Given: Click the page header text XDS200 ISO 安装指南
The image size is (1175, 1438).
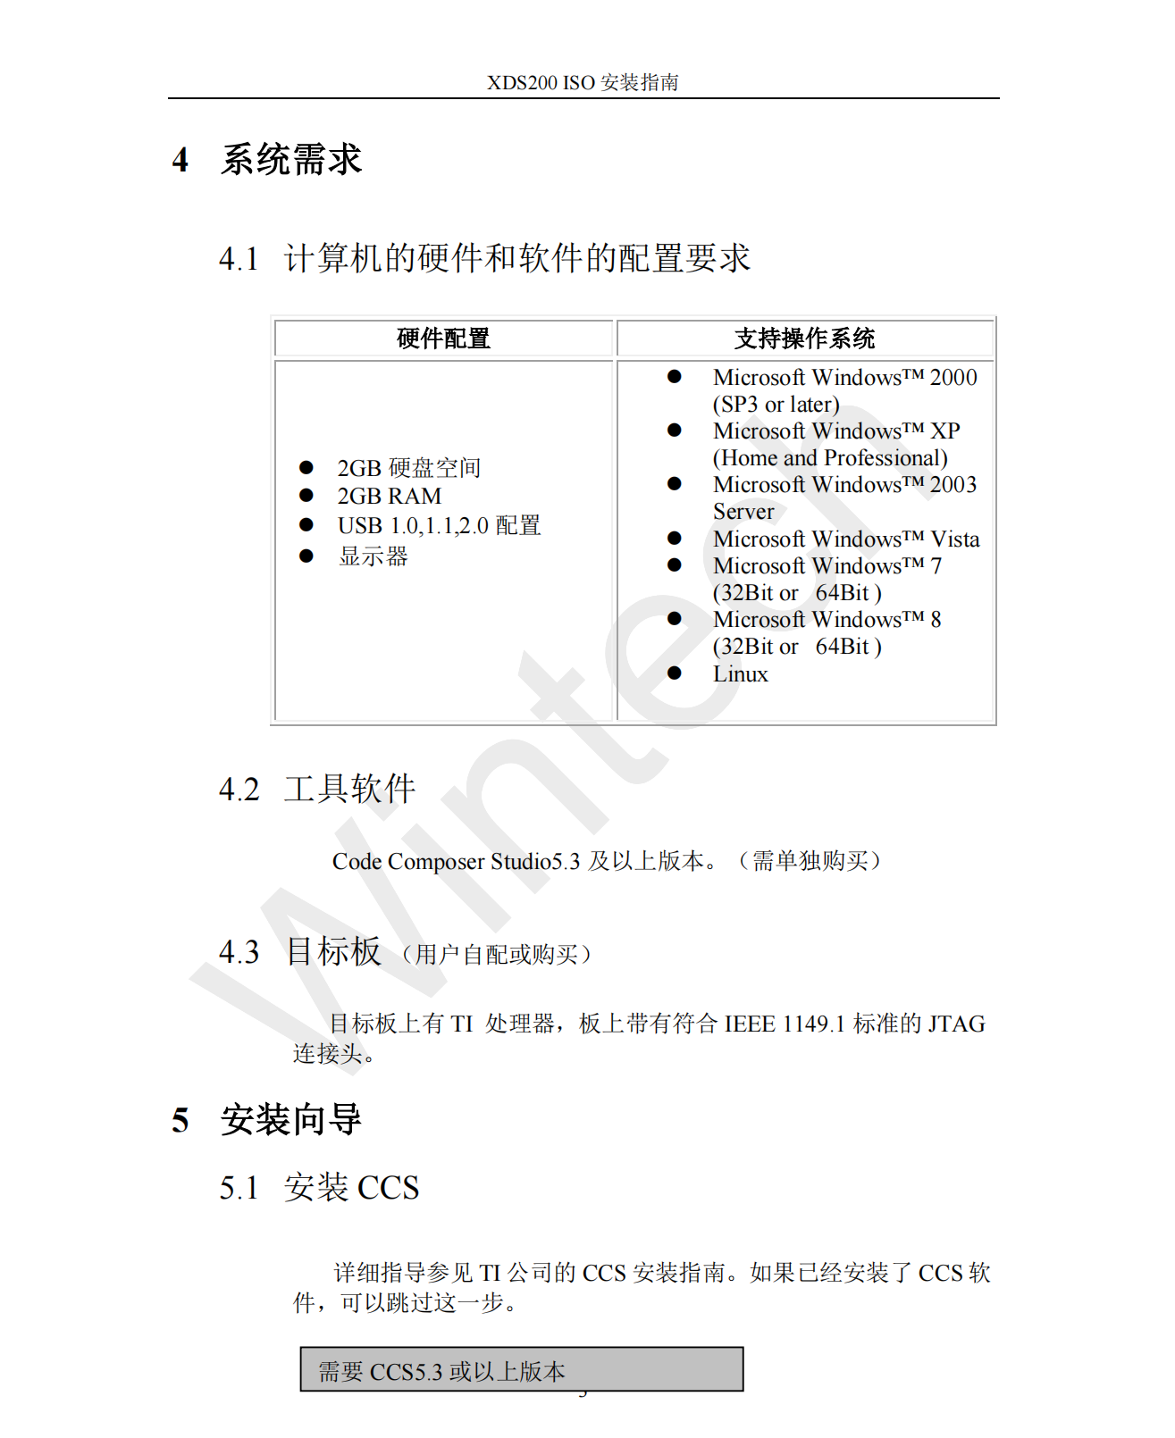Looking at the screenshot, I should click(x=583, y=83).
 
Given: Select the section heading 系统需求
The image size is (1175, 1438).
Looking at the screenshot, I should click(x=290, y=160).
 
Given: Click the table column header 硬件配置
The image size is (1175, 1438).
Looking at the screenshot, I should click(x=443, y=339).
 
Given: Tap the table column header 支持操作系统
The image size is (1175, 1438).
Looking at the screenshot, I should click(x=804, y=339).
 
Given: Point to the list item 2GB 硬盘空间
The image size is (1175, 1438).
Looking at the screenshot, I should click(x=408, y=468).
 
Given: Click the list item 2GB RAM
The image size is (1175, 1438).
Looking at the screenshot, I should click(x=389, y=497).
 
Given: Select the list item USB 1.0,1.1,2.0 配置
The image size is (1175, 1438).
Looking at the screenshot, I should click(x=439, y=526).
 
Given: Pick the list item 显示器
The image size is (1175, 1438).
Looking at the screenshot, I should click(x=373, y=556).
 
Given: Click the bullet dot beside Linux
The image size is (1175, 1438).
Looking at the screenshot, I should click(x=675, y=673).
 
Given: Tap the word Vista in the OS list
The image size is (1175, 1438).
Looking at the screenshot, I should click(x=954, y=539).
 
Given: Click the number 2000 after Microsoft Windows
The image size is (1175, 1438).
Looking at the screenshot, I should click(x=953, y=378).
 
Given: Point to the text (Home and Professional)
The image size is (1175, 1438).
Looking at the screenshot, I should click(x=829, y=458).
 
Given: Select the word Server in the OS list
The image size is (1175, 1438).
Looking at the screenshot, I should click(x=743, y=512).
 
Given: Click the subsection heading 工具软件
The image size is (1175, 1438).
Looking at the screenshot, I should click(x=349, y=790).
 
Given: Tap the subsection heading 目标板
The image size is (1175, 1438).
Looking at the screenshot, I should click(x=333, y=952).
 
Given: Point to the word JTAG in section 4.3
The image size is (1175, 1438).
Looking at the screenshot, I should click(x=956, y=1024).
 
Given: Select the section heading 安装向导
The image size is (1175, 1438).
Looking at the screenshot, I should click(x=290, y=1120).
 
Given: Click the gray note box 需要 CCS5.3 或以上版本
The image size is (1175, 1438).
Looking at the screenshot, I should click(x=521, y=1370).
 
